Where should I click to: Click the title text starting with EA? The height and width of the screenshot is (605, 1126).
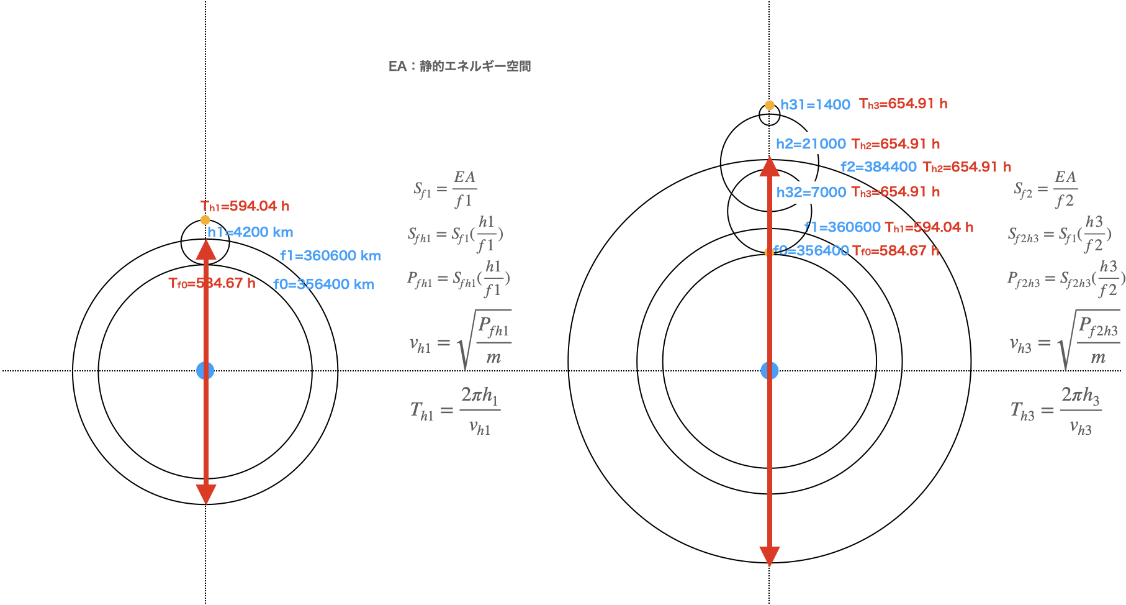coord(459,66)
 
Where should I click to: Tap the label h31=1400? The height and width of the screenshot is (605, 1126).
coord(815,105)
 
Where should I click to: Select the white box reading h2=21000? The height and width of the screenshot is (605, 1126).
coord(811,143)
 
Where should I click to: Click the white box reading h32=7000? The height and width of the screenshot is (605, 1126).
coord(811,193)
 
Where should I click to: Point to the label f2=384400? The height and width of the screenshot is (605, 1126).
coord(878,167)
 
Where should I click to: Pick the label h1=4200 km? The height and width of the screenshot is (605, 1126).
coord(250,232)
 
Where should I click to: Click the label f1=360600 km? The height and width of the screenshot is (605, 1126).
coord(330,256)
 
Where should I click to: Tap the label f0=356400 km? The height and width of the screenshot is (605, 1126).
coord(323,284)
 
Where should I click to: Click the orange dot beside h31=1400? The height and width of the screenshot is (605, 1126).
coord(770,106)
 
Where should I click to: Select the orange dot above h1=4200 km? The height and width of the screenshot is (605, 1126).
coord(205,220)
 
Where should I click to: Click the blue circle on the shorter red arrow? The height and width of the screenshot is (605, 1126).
coord(205,371)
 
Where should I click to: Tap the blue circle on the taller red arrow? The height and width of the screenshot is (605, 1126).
coord(770,371)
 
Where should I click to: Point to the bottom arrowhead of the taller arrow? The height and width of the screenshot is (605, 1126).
coord(770,557)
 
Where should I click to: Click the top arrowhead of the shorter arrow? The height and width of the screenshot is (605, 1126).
coord(206,250)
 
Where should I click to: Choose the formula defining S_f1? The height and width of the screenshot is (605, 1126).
coord(445,189)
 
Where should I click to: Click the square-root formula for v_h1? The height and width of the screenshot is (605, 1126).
coord(460,340)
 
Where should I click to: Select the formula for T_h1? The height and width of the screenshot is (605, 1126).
coord(455,411)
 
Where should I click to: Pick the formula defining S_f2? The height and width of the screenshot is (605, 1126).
coord(1046,189)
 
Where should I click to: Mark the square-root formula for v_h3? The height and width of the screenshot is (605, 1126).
coord(1064,340)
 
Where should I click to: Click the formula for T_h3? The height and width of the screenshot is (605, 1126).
coord(1056,411)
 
